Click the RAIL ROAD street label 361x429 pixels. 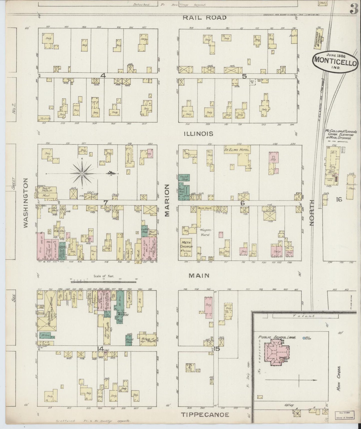[205, 18]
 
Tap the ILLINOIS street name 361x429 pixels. [198, 134]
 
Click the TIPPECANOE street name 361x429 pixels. [205, 415]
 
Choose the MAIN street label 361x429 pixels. [199, 276]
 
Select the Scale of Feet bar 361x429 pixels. [104, 282]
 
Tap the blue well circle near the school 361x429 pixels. [304, 338]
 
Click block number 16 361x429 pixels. [339, 199]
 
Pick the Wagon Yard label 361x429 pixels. [206, 232]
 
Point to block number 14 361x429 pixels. [100, 349]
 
